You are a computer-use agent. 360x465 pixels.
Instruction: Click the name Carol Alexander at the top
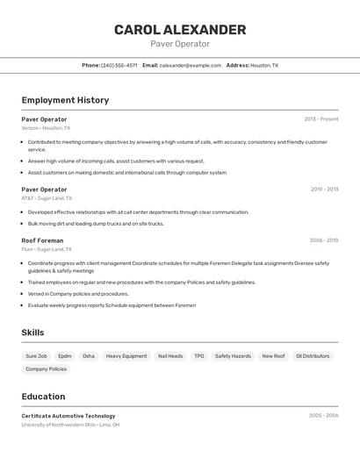click(x=180, y=30)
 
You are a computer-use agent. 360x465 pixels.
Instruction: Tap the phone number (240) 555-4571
click(x=119, y=65)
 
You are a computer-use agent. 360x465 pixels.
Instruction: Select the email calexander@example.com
click(x=191, y=65)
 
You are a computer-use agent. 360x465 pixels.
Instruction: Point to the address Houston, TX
click(x=264, y=65)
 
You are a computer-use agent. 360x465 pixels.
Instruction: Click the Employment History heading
click(x=65, y=100)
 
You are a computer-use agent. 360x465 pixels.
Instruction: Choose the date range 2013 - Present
click(x=321, y=119)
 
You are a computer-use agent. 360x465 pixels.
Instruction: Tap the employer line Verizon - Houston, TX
click(x=45, y=128)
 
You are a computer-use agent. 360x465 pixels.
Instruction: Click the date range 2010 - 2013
click(x=324, y=190)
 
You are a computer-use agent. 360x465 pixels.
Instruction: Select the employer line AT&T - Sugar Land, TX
click(x=47, y=198)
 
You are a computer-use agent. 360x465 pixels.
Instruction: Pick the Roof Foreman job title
click(x=42, y=240)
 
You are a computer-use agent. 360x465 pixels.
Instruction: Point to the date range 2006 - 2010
click(x=324, y=240)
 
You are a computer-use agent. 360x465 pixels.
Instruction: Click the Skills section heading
click(x=32, y=333)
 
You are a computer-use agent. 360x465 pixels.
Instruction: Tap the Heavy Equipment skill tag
click(x=126, y=356)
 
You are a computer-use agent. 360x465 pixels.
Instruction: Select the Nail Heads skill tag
click(x=171, y=356)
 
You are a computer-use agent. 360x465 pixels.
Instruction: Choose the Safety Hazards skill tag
click(x=233, y=356)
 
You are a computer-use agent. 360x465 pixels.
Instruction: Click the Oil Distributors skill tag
click(x=313, y=356)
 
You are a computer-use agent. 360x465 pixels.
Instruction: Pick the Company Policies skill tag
click(x=46, y=369)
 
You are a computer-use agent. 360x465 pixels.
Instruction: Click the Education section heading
click(x=43, y=397)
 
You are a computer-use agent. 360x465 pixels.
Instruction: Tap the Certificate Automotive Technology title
click(x=68, y=416)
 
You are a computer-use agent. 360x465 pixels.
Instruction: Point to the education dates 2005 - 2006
click(x=324, y=416)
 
